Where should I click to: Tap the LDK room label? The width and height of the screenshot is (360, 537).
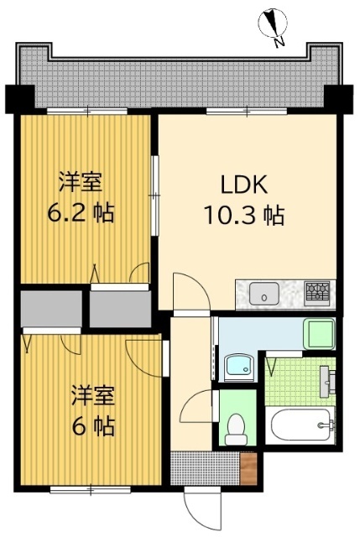244,185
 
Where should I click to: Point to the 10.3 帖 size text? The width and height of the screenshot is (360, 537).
244,216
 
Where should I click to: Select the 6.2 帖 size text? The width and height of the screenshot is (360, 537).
80,212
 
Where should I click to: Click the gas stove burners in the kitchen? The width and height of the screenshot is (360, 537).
317,292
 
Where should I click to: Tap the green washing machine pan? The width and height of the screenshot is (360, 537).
319,333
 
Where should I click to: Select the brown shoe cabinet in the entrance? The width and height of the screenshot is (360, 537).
248,468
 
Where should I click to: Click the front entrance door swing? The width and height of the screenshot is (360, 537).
201,508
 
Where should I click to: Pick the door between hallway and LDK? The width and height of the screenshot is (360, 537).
186,294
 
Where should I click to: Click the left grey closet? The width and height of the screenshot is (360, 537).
50,307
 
